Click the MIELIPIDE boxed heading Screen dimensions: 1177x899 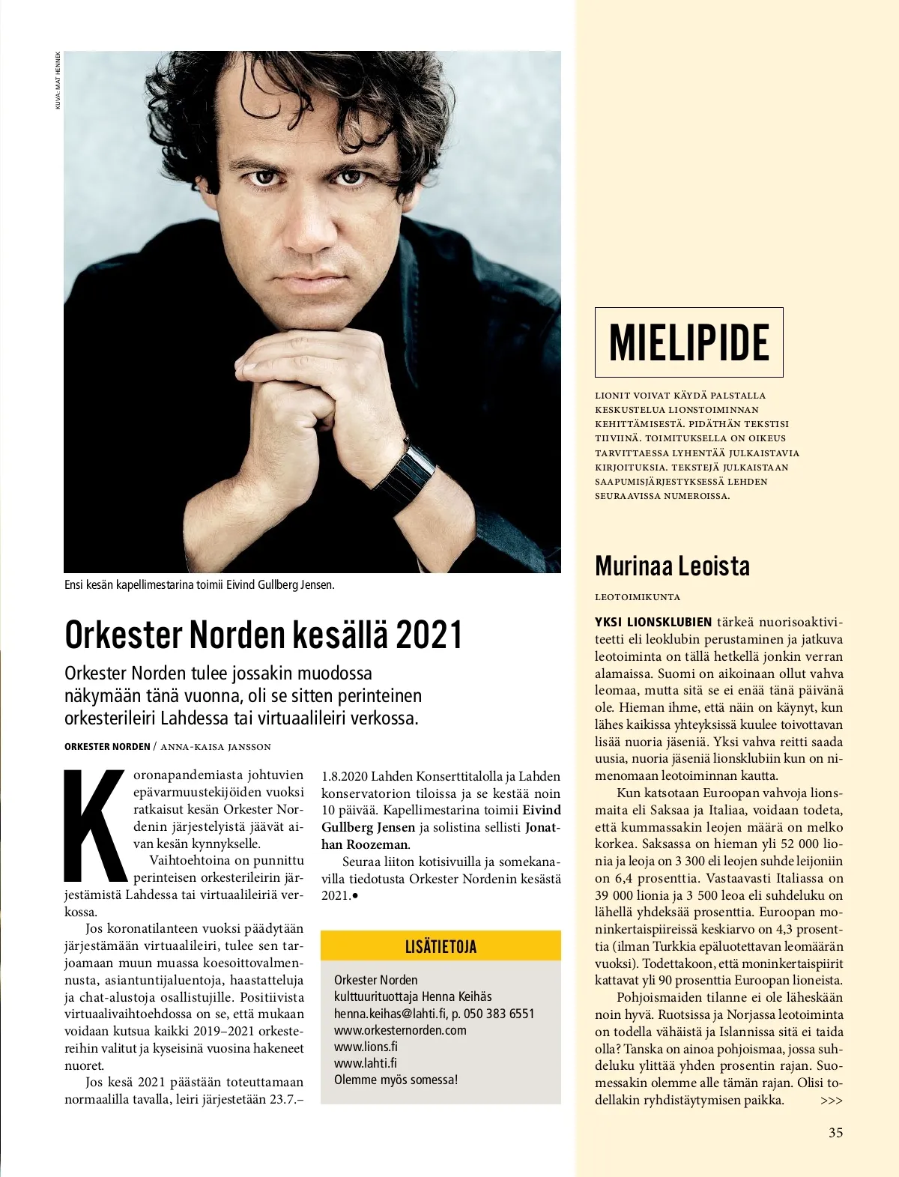pyautogui.click(x=688, y=342)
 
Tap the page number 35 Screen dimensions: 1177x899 pyautogui.click(x=835, y=1132)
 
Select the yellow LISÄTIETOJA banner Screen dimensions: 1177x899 pyautogui.click(x=441, y=945)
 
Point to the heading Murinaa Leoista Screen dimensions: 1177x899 pyautogui.click(x=672, y=566)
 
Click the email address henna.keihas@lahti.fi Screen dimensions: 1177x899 pyautogui.click(x=390, y=1013)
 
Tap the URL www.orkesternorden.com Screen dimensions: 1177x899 pyautogui.click(x=400, y=1029)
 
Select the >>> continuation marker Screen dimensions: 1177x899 pyautogui.click(x=832, y=1101)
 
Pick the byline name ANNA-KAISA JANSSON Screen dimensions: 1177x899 pyautogui.click(x=216, y=746)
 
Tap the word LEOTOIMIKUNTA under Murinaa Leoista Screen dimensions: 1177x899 pyautogui.click(x=638, y=597)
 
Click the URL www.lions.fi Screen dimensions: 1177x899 pyautogui.click(x=366, y=1046)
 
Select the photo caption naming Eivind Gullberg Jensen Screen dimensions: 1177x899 pyautogui.click(x=199, y=584)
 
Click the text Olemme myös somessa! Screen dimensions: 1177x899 pyautogui.click(x=396, y=1080)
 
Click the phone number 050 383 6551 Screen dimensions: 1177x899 pyautogui.click(x=499, y=1013)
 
